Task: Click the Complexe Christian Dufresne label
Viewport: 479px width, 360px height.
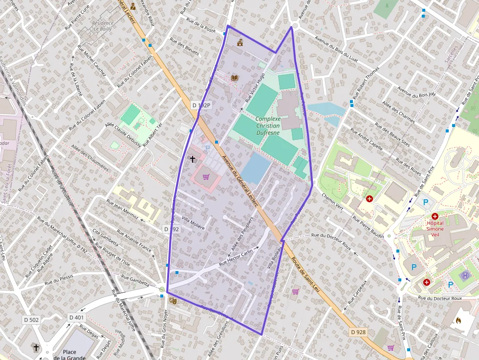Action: pos(268,126)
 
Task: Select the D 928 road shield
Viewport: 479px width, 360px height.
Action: pos(358,332)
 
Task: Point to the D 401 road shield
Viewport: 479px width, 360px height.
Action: pos(76,317)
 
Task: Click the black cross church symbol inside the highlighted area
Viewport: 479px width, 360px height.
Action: pos(192,159)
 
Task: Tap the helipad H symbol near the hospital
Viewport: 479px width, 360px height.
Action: pos(465,276)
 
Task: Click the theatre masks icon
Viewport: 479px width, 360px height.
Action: pos(172,301)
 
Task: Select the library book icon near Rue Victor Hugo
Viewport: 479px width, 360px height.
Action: pos(235,78)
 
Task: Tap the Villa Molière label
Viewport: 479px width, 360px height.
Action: pos(193,223)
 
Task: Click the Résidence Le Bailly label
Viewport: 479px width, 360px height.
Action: pos(103,26)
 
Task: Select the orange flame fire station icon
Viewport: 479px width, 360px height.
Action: pos(458,321)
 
